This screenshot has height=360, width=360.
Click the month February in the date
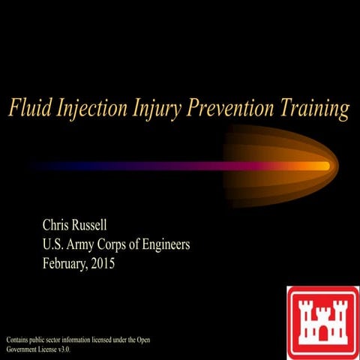coord(70,264)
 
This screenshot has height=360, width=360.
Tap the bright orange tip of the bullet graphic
coord(324,166)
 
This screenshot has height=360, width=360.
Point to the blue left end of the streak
coord(52,166)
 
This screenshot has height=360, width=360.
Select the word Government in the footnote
coord(25,349)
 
